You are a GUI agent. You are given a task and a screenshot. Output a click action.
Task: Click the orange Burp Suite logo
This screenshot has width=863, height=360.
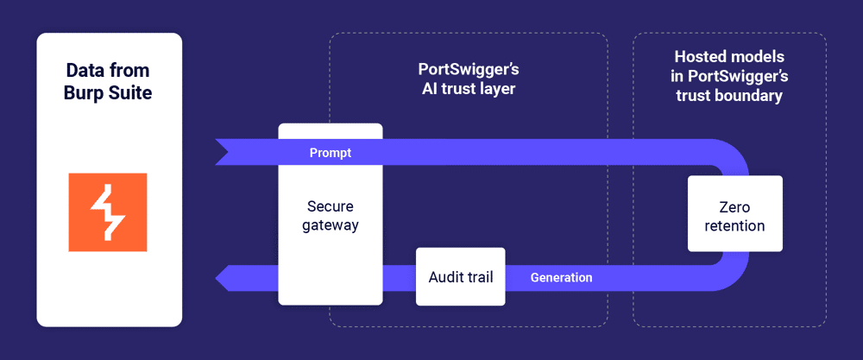coord(108,212)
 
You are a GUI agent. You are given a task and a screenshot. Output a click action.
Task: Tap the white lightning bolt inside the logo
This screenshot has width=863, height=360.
coord(108,212)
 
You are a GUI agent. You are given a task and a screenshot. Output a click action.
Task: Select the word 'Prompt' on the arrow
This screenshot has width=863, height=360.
coord(330,153)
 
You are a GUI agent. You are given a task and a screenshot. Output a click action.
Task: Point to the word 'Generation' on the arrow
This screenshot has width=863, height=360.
coord(561,277)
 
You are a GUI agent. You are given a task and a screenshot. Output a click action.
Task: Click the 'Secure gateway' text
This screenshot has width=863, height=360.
coord(330,216)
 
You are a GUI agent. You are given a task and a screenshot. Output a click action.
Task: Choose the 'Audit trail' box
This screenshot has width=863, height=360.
coord(460,277)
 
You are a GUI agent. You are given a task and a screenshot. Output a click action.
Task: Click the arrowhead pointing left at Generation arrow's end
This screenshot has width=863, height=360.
coord(223,278)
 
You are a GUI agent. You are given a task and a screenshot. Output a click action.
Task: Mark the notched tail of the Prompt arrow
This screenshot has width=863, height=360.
coord(223,152)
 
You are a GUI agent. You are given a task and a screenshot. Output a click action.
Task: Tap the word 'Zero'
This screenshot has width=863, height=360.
coord(734,207)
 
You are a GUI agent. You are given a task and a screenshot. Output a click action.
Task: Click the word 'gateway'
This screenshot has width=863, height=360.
coord(330,225)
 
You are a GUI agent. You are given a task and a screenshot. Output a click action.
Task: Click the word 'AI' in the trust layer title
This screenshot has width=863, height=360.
coord(425,88)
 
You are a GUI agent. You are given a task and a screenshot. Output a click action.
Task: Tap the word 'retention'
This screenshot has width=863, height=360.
coord(734,226)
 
